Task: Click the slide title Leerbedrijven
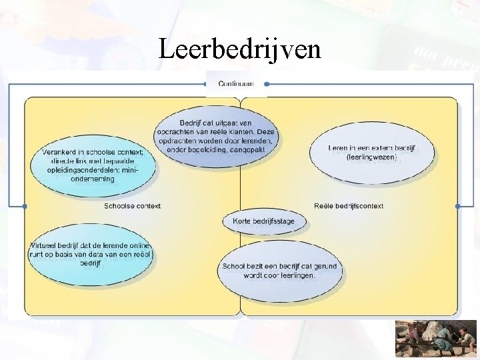click(240, 49)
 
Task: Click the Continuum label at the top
click(236, 84)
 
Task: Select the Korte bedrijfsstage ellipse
click(263, 221)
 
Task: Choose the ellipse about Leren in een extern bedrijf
click(372, 153)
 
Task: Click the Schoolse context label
click(132, 206)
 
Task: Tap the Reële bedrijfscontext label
click(349, 206)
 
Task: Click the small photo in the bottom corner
click(436, 338)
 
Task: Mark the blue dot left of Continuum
click(205, 85)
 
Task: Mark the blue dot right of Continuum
click(267, 85)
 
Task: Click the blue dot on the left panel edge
click(25, 207)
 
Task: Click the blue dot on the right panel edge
click(457, 207)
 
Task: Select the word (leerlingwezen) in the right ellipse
click(372, 157)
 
